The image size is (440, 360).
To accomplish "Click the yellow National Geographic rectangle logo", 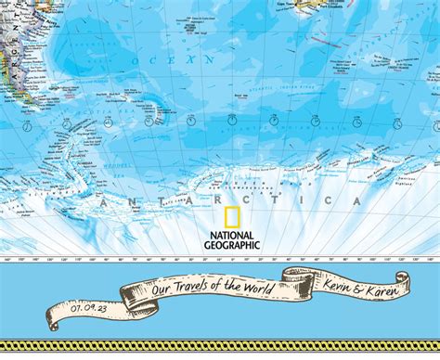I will point(233,218).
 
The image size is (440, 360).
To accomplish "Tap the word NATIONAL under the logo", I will point(234,237).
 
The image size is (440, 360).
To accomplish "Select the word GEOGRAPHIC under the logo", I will point(234,246).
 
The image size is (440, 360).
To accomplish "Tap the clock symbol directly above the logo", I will point(233,120).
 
